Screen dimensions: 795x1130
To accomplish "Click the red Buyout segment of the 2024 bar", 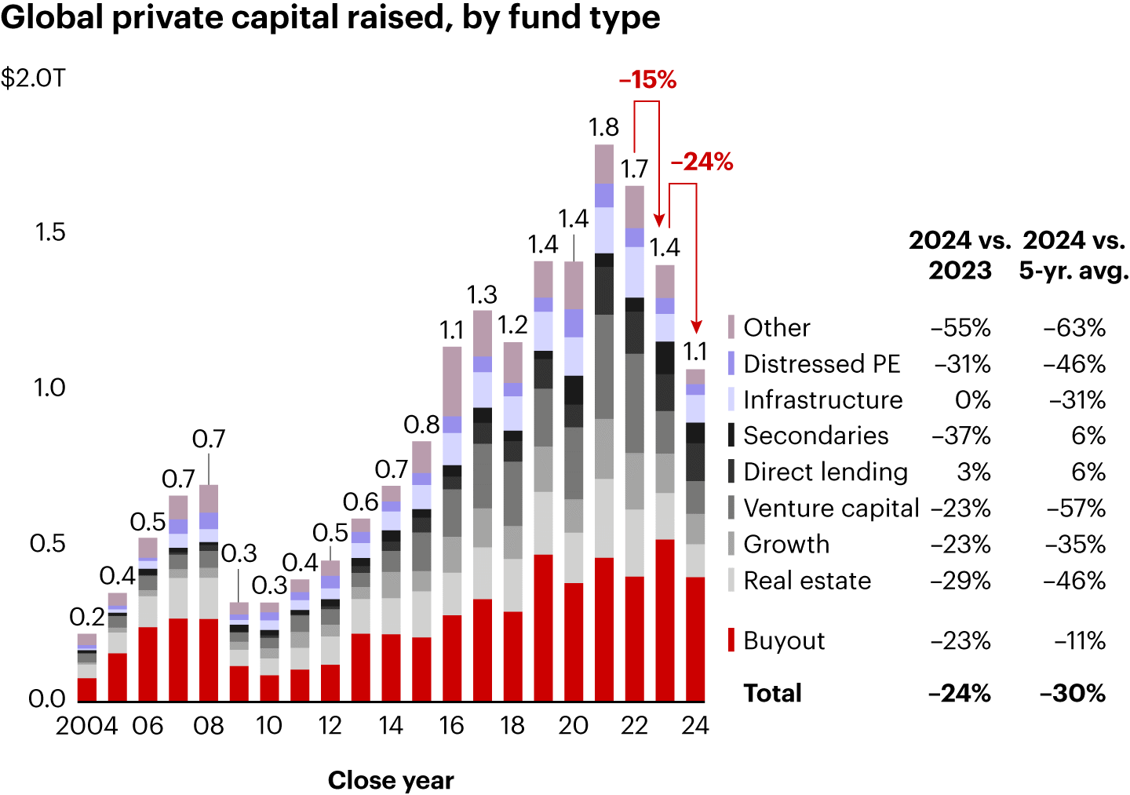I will pos(695,639).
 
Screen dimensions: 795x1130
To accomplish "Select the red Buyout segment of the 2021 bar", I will pos(604,629).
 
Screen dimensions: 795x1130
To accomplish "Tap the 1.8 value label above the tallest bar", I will pos(604,127).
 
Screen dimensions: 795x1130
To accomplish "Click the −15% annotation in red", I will pos(647,80).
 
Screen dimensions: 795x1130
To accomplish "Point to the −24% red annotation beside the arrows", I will pos(702,162).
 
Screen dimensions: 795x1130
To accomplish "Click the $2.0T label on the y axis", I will pos(33,78).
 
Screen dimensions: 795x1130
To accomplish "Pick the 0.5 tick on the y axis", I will pos(47,543).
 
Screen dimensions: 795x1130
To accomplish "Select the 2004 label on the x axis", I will pos(86,726).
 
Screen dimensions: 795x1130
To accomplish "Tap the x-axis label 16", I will pos(451,726).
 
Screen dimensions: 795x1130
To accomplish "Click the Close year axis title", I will pos(391,780).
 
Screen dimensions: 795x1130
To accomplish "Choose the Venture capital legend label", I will pos(831,509).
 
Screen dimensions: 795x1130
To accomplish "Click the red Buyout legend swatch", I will pos(731,640).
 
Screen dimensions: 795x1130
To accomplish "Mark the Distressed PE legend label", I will pos(822,364).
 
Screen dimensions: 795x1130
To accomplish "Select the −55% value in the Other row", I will pos(960,328).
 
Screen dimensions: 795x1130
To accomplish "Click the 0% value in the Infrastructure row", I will pos(973,400).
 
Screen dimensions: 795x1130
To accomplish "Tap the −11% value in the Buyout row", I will pos(1080,641).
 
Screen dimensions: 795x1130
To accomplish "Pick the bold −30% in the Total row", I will pos(1073,694).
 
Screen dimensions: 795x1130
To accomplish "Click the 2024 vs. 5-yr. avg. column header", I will pos(1073,255).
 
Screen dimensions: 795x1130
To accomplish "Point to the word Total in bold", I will pos(773,694).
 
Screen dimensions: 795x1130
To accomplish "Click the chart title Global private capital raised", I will pos(330,17).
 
